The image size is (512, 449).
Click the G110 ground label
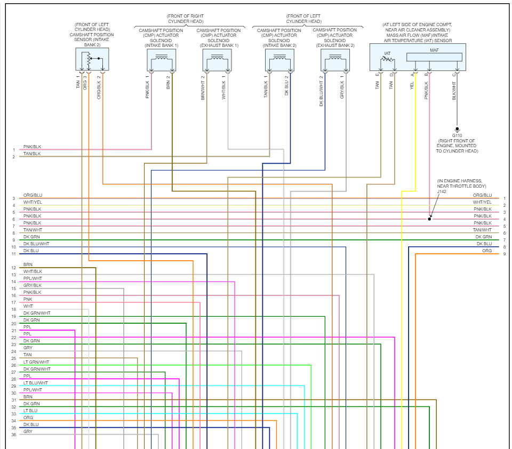point(457,135)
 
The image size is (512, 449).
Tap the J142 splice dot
point(429,219)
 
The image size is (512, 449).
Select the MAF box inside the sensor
point(434,57)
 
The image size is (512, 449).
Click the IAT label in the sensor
point(388,54)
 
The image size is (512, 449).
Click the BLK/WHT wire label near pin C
point(454,91)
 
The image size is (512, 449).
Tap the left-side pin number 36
point(13,435)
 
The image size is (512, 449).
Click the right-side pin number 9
point(504,254)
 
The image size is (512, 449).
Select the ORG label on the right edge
point(487,251)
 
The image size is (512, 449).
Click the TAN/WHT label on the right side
point(482,230)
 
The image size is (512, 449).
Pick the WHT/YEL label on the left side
point(32,202)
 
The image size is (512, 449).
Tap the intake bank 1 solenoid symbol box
point(161,60)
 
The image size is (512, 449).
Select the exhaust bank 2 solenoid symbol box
point(335,60)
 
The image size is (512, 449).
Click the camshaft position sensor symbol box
point(92,59)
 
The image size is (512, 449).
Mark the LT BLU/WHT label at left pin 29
point(35,383)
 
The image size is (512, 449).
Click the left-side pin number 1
point(13,150)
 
